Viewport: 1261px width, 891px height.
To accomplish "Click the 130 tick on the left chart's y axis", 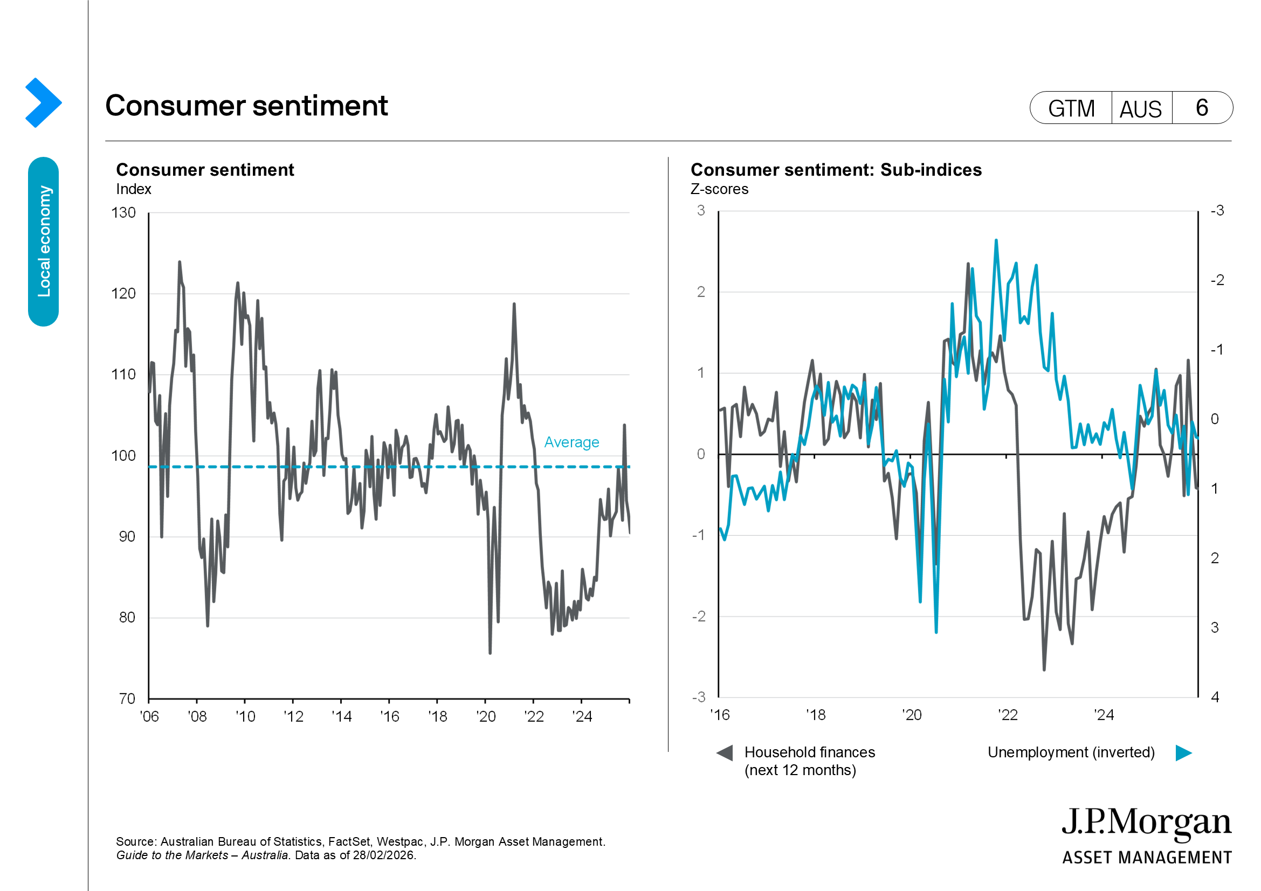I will click(123, 212).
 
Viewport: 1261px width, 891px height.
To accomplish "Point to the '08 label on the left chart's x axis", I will click(197, 716).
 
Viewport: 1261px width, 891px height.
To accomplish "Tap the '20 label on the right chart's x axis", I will click(912, 715).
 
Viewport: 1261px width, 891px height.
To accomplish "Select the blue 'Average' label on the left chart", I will click(571, 443).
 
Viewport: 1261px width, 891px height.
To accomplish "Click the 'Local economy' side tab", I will click(43, 241).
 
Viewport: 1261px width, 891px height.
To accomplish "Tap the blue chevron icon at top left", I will click(43, 102).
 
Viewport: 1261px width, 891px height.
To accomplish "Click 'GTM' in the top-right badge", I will click(1071, 108).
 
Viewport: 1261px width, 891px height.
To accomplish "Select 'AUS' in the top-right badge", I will click(1141, 109).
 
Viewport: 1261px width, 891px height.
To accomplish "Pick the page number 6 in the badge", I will click(1202, 108).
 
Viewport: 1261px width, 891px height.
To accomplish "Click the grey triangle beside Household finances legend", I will click(725, 752).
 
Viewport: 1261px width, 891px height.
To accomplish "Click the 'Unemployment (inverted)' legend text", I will click(1071, 752).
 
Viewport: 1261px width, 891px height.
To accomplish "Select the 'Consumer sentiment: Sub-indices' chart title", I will click(836, 170).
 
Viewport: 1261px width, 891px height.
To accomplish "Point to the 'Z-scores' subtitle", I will click(720, 189).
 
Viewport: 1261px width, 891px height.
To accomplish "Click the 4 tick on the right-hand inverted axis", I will click(1215, 697).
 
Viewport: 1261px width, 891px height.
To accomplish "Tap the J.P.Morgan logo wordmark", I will click(1146, 824).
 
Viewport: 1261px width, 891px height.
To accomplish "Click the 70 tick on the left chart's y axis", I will click(127, 699).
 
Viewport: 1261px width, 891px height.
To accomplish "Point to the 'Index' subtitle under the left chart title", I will click(134, 189).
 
